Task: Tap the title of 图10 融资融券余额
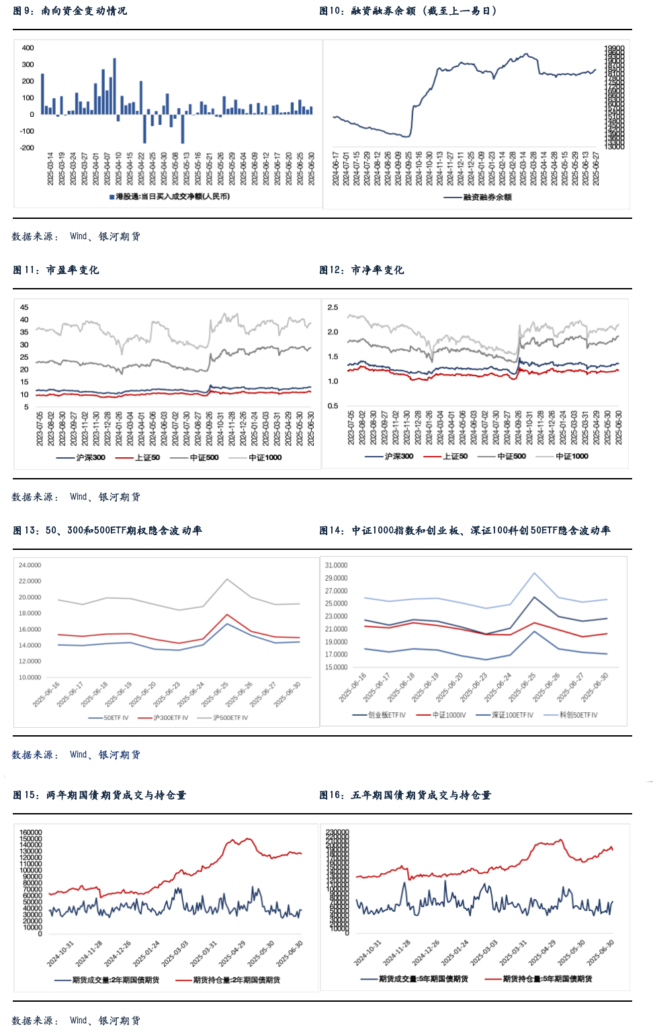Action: [x=408, y=11]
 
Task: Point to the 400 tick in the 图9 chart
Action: [x=28, y=48]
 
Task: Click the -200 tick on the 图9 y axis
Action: [x=26, y=148]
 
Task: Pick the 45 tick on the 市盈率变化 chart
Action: [x=24, y=308]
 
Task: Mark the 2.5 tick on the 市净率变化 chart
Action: [x=333, y=308]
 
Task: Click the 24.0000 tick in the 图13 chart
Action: [x=30, y=565]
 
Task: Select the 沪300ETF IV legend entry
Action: [x=171, y=718]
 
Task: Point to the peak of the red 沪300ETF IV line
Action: [x=227, y=614]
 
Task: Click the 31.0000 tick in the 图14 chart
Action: [x=336, y=565]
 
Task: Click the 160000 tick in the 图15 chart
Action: [x=31, y=833]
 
